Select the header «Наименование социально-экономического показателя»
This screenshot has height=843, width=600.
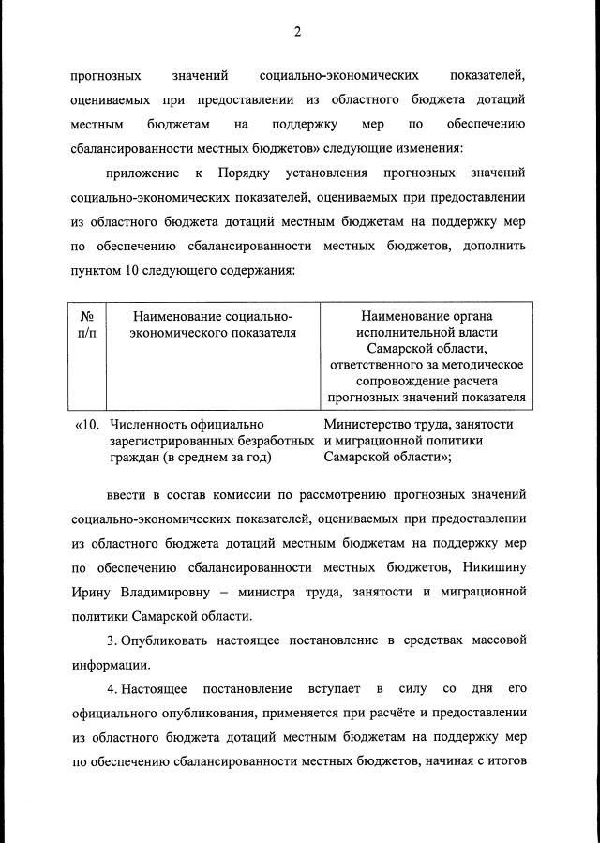[x=213, y=324]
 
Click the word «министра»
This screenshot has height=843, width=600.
[x=286, y=593]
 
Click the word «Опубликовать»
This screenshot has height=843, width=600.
[x=169, y=640]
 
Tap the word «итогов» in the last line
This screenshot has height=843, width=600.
[x=504, y=763]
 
